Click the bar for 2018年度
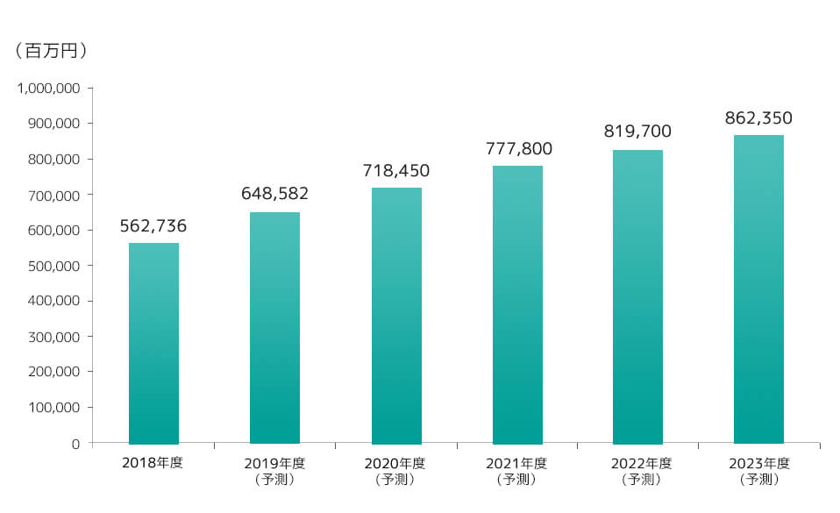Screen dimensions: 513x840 153,344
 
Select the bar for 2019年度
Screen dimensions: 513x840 274,328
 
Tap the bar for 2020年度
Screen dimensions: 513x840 396,316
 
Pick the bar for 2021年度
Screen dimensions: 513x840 517,305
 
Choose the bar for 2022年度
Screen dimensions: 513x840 637,297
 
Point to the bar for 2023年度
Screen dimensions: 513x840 758,289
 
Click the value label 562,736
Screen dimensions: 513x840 153,226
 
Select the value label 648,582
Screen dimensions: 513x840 274,194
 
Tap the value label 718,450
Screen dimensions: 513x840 396,170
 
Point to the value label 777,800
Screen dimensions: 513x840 517,148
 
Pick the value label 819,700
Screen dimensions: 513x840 637,132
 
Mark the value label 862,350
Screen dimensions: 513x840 758,118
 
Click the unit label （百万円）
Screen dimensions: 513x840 51,53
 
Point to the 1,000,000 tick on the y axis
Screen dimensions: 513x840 50,89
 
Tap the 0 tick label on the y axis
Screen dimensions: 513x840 76,444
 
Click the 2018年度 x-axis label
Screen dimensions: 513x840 153,463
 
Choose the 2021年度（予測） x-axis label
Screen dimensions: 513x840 517,471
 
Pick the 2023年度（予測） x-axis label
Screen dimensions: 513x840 758,471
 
